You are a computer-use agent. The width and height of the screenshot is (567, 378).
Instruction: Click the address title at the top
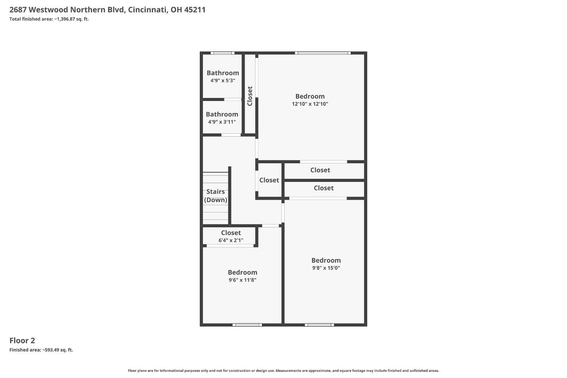point(107,9)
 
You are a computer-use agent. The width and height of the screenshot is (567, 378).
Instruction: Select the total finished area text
point(49,19)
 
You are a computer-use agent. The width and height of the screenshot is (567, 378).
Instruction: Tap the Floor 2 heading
point(22,340)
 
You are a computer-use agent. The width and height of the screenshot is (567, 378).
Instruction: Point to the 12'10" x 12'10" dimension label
point(310,104)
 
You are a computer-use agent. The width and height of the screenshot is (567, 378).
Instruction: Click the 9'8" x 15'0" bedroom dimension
point(326,268)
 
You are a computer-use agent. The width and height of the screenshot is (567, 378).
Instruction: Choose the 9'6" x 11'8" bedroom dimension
point(242,280)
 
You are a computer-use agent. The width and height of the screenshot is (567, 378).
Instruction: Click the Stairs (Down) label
point(215,196)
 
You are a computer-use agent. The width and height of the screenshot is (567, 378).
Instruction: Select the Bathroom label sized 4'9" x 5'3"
point(223,73)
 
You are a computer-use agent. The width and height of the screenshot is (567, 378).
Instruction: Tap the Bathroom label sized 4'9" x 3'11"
point(222,114)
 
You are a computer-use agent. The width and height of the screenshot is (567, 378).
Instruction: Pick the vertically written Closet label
point(249,96)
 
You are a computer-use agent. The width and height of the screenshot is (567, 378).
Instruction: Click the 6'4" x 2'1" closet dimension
point(231,240)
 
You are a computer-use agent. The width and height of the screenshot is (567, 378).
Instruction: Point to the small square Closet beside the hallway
point(269,180)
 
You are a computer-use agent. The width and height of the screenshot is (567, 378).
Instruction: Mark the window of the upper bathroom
point(222,53)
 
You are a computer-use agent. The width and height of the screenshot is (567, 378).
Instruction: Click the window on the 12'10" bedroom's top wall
point(322,53)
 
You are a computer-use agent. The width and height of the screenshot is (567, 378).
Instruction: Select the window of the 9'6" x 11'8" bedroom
point(247,325)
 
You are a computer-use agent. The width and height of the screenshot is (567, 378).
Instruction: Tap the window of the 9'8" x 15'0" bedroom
point(319,325)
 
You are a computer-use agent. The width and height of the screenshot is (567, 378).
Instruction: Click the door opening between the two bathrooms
point(232,100)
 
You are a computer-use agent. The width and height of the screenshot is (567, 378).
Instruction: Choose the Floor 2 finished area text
point(41,350)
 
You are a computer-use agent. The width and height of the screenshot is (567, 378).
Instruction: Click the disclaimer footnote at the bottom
point(283,371)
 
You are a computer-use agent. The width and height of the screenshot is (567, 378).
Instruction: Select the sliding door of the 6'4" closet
point(230,246)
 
